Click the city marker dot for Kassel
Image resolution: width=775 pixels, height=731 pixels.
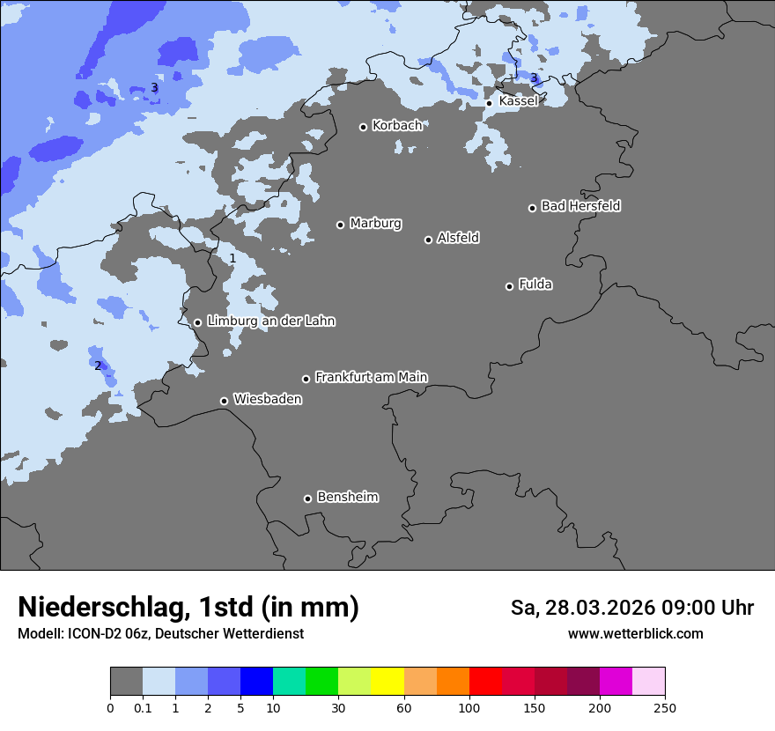point(489,103)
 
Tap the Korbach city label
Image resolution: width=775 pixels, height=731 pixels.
point(397,126)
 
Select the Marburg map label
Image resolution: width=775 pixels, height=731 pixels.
point(375,224)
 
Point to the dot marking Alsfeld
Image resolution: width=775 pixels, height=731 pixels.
point(428,240)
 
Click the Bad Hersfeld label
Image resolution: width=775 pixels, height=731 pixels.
point(580,206)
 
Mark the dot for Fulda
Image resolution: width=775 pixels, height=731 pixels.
point(509,286)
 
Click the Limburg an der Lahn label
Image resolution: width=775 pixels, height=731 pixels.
point(270,321)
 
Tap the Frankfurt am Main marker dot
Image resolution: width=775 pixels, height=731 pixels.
point(306,379)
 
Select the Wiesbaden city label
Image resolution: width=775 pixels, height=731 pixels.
point(268,400)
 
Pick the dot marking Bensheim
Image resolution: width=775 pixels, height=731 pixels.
point(307,498)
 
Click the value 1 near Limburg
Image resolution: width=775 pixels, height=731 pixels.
point(232,258)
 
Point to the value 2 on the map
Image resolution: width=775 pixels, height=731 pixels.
point(98,365)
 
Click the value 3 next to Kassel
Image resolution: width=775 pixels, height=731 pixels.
point(534,78)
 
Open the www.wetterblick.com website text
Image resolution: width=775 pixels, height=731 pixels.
point(635,633)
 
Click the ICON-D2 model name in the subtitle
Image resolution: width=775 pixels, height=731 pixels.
point(92,633)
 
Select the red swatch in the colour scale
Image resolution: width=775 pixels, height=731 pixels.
point(485,682)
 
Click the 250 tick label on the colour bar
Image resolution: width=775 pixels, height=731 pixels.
point(665,707)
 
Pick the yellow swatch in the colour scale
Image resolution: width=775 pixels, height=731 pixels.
point(387,682)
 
